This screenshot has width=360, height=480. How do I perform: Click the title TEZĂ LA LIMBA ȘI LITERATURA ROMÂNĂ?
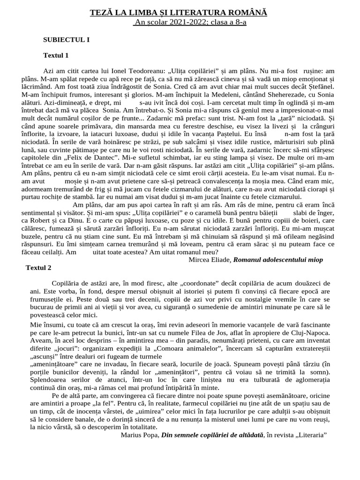[x=179, y=13]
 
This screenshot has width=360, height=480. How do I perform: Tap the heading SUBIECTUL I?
[x=66, y=39]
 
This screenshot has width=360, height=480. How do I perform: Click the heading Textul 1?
[x=56, y=55]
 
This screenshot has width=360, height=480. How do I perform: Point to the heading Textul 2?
[x=45, y=268]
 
